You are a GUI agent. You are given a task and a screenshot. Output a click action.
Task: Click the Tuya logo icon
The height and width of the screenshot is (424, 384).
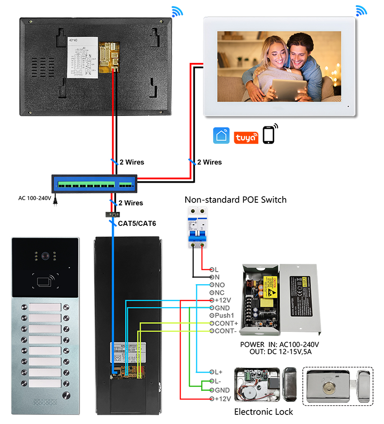coord(246,136)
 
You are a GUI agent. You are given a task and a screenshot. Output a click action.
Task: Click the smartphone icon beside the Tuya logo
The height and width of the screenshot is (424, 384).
coord(270,134)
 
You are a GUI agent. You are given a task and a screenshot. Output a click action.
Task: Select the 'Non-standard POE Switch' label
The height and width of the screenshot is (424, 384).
coord(236,200)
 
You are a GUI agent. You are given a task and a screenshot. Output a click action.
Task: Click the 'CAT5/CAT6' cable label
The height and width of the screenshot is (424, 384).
coord(137,223)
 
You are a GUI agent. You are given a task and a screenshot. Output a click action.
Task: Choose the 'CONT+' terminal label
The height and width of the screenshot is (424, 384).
coord(224,323)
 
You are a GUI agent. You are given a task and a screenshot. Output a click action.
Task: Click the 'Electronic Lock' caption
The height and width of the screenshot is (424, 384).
coord(263,412)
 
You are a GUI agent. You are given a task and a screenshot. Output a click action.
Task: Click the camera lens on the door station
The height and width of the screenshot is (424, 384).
coord(46,257)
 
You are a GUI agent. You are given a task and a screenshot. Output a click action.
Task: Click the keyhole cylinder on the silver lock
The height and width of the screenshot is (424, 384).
coord(332,385)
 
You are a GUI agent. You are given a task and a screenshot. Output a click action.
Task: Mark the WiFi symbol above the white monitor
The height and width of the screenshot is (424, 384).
coord(360,10)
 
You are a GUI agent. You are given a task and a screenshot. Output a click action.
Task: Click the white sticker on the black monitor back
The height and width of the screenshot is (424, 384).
coord(82,57)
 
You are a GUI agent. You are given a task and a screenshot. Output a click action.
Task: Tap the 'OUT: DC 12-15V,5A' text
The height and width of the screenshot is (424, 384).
coord(280,352)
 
